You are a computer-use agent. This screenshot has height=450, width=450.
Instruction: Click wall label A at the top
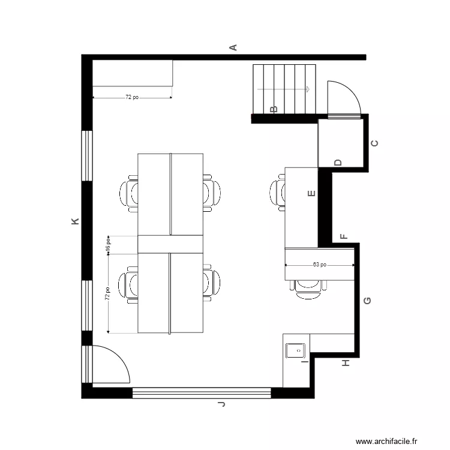click(235, 47)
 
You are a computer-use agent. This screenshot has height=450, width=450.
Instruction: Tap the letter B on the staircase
click(274, 109)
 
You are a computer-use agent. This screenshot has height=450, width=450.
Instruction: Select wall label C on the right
click(376, 143)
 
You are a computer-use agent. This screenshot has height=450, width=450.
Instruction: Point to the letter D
click(338, 162)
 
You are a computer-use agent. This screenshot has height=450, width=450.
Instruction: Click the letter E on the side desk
click(311, 194)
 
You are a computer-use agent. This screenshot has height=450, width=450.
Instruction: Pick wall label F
click(344, 236)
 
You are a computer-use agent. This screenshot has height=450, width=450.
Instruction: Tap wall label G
click(368, 300)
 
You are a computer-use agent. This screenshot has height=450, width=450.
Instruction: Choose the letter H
click(346, 364)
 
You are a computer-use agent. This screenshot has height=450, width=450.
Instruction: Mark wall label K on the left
click(75, 221)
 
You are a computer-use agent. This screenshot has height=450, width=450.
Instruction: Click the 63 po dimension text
click(320, 264)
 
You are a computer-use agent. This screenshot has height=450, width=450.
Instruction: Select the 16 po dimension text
click(108, 244)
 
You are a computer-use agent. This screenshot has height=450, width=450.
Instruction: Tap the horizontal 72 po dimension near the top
click(132, 97)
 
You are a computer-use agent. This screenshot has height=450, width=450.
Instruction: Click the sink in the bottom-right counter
click(297, 349)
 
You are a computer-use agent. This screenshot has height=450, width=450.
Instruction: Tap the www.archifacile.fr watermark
click(386, 441)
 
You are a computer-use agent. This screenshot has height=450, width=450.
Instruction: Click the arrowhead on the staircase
click(308, 89)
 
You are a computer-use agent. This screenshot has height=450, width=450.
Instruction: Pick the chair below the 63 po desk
click(308, 287)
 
